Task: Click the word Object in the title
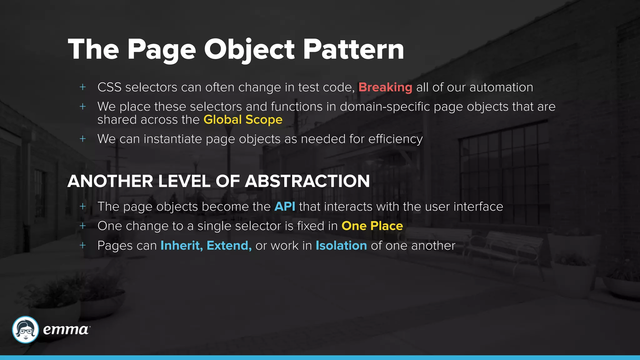click(249, 50)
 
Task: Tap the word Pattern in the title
click(353, 50)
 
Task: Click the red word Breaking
click(385, 87)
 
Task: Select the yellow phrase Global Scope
click(243, 120)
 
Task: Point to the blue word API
click(285, 207)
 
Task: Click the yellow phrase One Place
click(372, 226)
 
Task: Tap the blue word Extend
click(229, 246)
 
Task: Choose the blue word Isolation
click(341, 246)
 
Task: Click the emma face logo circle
click(25, 330)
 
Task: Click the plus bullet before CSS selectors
click(82, 87)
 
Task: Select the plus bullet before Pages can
click(82, 245)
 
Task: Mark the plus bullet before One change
click(82, 226)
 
